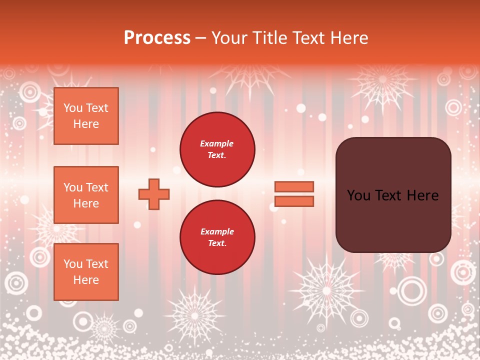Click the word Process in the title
tap(157, 38)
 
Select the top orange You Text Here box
tap(86, 116)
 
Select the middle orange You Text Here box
tap(86, 195)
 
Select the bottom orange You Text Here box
tap(86, 271)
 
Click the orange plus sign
tap(154, 194)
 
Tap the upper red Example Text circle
tap(217, 149)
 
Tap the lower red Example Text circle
tap(217, 237)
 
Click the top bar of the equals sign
tap(294, 186)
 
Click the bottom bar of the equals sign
tap(294, 201)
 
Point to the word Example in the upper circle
tap(216, 143)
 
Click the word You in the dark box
tap(358, 195)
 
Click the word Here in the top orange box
tap(86, 124)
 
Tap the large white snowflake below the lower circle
tap(194, 315)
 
